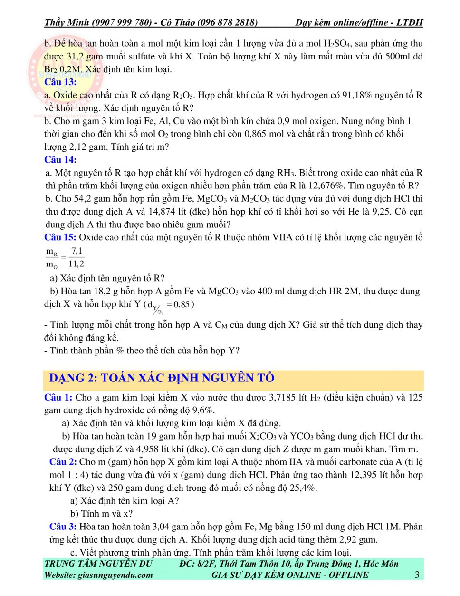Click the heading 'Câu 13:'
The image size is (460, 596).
point(60,82)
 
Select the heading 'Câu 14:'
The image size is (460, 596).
point(60,160)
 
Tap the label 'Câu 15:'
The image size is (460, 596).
point(60,237)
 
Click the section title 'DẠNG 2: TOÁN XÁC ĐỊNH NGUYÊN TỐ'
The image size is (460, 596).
point(162,378)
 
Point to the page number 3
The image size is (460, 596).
point(417,575)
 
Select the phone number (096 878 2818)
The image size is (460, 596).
point(227,22)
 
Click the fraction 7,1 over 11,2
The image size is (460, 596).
point(76,257)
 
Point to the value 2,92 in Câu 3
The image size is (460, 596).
point(349,540)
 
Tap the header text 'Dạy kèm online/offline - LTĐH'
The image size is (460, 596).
point(359,22)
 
